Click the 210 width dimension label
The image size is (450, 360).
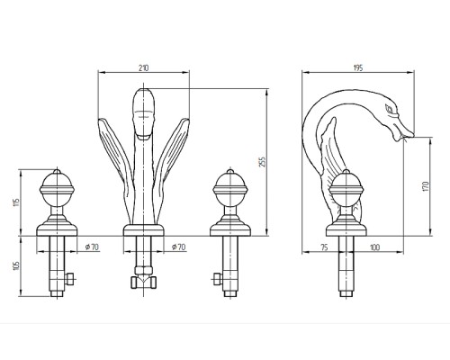point(143,68)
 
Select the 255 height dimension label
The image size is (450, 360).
point(262,162)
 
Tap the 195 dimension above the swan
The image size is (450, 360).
point(358,67)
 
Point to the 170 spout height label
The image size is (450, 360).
point(426,186)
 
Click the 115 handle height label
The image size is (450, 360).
point(17,202)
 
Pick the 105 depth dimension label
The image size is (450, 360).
point(17,265)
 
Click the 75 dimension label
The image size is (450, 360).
point(324,247)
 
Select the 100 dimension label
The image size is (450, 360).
point(374,247)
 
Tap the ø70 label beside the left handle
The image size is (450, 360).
point(92,247)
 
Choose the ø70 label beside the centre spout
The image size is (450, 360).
point(178,247)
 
